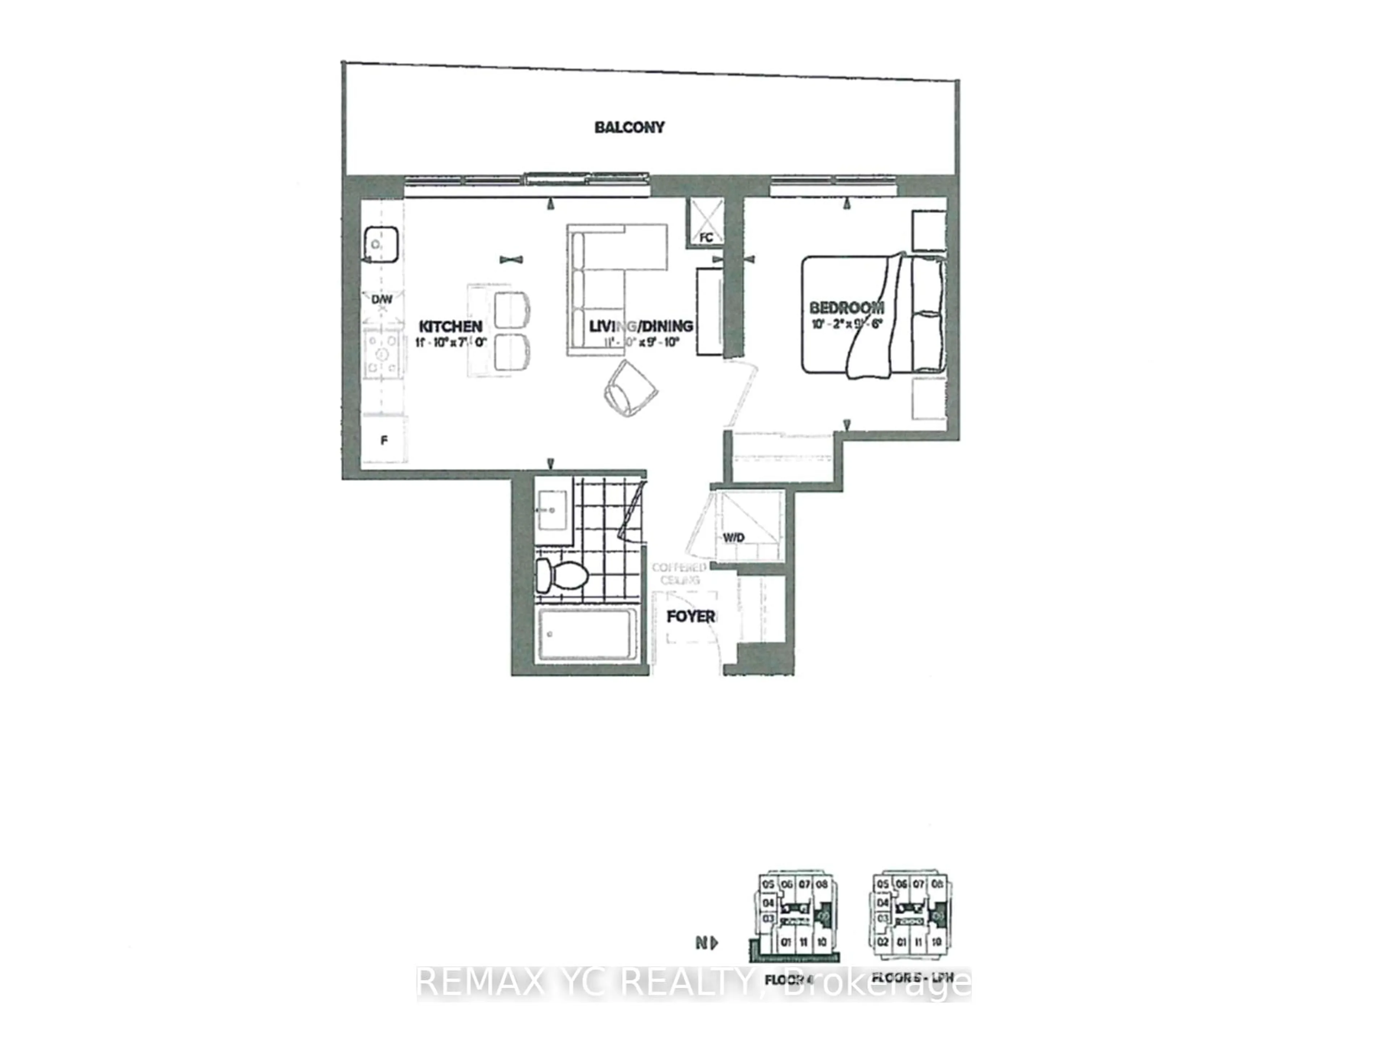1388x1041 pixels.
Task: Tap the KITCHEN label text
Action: tap(450, 326)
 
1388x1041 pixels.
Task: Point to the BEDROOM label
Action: tap(847, 308)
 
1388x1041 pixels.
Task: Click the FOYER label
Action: tap(690, 617)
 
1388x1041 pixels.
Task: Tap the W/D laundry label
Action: tap(733, 538)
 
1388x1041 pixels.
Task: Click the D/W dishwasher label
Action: tap(381, 299)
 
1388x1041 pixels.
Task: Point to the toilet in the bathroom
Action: tap(560, 575)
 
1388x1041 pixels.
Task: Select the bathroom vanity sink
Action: tap(553, 510)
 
